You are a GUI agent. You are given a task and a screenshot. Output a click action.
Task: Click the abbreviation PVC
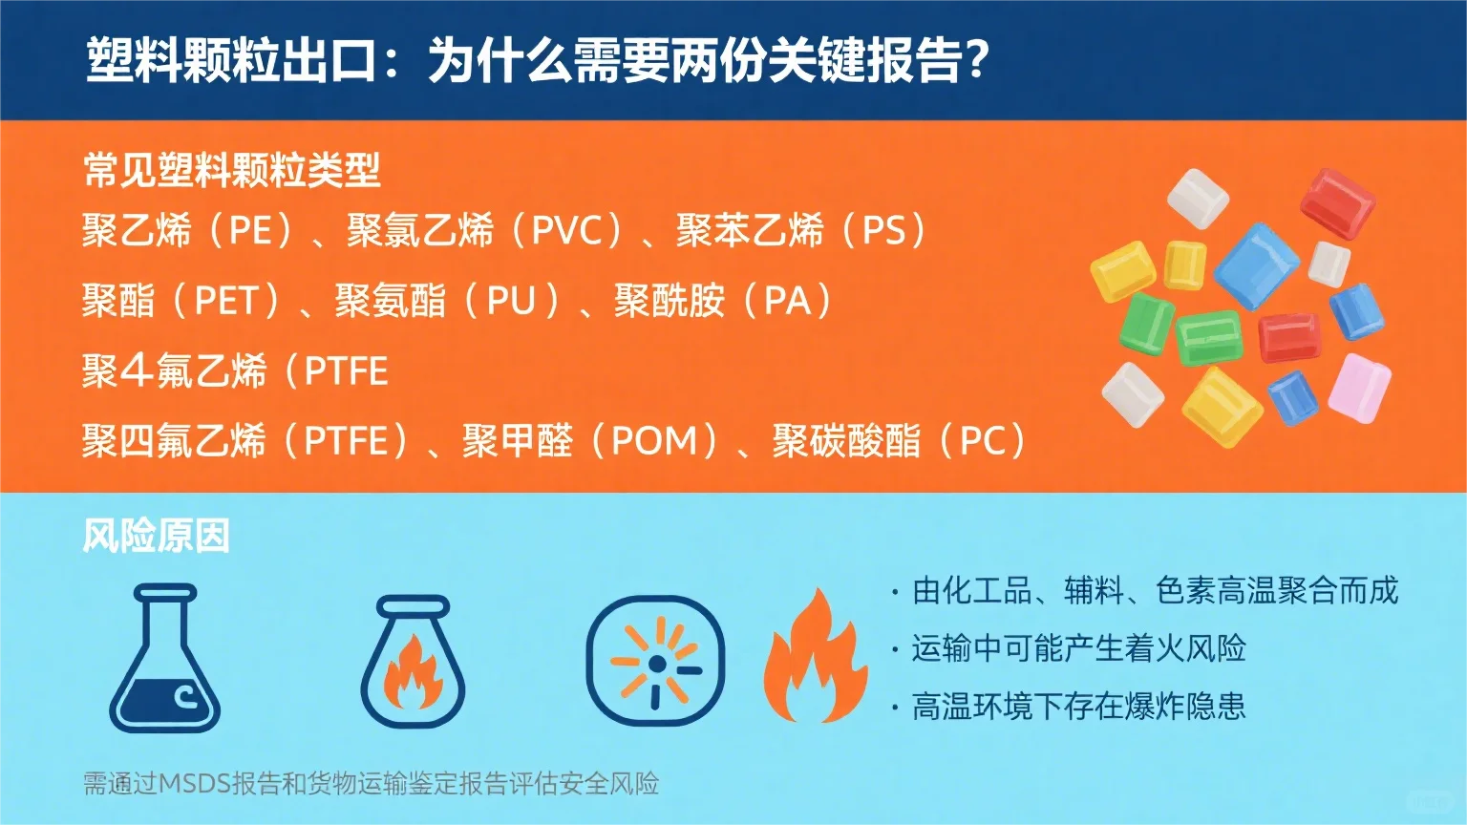coord(566,231)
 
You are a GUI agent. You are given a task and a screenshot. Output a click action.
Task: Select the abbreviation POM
coord(654,441)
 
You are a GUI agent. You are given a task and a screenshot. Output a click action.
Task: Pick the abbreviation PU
coord(511,302)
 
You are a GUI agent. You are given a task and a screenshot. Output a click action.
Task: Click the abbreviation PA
coord(787,302)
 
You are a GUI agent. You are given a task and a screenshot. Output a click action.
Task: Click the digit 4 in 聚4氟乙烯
coord(137,370)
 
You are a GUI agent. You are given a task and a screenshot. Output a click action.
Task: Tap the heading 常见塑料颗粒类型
coord(232,171)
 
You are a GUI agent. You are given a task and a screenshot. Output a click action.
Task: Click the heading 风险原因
coord(156,536)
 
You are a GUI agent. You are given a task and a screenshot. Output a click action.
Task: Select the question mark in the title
coord(975,60)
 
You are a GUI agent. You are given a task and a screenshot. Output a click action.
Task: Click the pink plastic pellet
coord(1359,387)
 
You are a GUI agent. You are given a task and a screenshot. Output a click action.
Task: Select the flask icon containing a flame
coord(413,662)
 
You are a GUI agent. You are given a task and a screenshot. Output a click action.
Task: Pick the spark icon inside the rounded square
coord(655,661)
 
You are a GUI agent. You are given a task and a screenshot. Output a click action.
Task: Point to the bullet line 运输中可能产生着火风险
coord(1078,649)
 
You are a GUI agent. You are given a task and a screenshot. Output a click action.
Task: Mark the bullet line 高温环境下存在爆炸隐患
coord(1078,707)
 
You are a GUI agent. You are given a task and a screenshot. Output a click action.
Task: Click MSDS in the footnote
coord(194,784)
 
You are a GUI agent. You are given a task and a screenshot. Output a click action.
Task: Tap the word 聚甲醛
coord(517,441)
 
